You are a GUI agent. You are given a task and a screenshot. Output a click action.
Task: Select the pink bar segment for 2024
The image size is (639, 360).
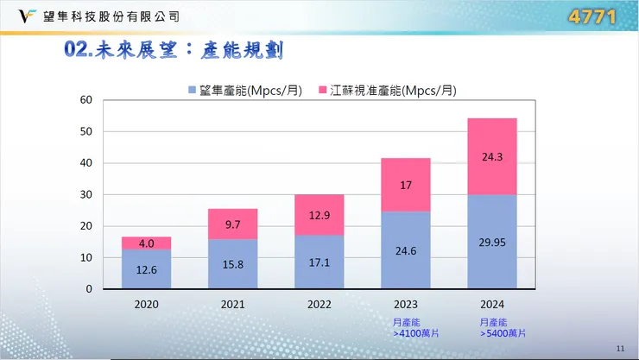coord(491,156)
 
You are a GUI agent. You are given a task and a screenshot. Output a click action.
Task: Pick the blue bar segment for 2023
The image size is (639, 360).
coord(406,249)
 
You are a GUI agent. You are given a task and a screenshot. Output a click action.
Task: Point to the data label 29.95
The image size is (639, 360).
coord(491,242)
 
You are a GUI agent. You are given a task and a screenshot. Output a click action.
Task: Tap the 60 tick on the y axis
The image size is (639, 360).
coord(85,99)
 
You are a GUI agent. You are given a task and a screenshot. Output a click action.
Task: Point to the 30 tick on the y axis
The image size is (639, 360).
coord(85,194)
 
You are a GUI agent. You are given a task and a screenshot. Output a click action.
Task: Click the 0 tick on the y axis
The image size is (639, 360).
coord(88,289)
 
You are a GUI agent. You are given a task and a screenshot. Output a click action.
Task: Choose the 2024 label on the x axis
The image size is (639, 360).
coord(491,305)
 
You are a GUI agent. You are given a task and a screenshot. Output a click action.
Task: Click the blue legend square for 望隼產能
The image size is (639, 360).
coord(192,90)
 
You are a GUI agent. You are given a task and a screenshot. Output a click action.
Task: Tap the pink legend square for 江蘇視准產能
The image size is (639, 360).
coord(325,90)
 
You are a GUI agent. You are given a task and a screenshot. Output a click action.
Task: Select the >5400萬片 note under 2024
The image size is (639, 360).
coord(503,332)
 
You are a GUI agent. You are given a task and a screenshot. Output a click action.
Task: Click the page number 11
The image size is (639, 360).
coord(620,347)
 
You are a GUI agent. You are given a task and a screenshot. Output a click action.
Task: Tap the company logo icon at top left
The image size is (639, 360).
coord(16,16)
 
